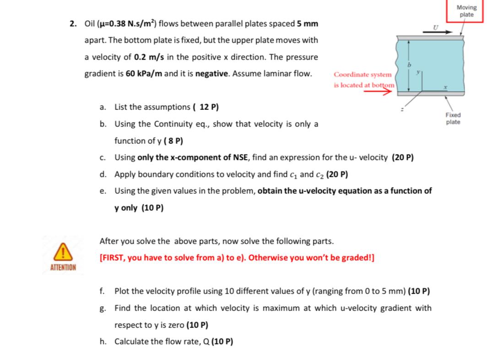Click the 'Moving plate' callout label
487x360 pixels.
tap(466, 11)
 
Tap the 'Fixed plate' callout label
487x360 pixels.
tap(453, 119)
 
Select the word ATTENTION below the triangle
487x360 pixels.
tap(63, 267)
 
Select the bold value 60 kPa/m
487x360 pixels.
tap(142, 74)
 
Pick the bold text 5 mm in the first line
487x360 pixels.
tap(308, 23)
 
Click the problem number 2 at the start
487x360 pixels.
tap(73, 23)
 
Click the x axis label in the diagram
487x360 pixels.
tap(444, 86)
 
